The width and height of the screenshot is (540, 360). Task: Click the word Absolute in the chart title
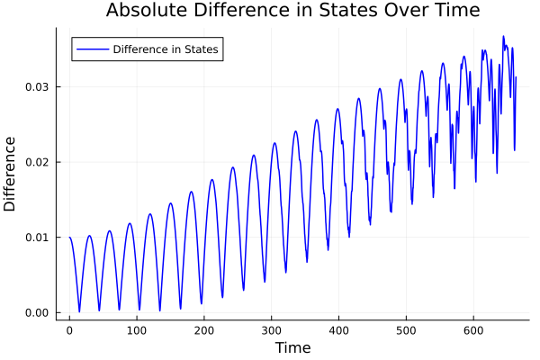pyautogui.click(x=143, y=11)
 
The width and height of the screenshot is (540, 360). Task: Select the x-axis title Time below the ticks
pyautogui.click(x=292, y=347)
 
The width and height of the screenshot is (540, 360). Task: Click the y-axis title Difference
pyautogui.click(x=11, y=174)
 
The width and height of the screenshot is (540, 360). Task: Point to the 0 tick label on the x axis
pyautogui.click(x=69, y=330)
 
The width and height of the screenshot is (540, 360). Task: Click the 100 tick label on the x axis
pyautogui.click(x=137, y=330)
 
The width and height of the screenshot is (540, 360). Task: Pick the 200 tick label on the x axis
pyautogui.click(x=204, y=330)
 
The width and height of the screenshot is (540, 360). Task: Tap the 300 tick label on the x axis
pyautogui.click(x=272, y=330)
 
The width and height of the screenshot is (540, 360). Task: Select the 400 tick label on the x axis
pyautogui.click(x=339, y=330)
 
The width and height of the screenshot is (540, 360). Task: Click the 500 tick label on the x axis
pyautogui.click(x=407, y=330)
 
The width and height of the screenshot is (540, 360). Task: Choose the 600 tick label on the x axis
pyautogui.click(x=474, y=330)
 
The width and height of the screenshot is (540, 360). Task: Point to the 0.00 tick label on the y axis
pyautogui.click(x=38, y=313)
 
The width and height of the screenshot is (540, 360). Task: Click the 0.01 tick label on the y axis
pyautogui.click(x=38, y=238)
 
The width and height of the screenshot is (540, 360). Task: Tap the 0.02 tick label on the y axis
pyautogui.click(x=38, y=162)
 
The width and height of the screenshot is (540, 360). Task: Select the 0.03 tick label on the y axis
pyautogui.click(x=38, y=86)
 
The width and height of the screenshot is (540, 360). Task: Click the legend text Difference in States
pyautogui.click(x=166, y=49)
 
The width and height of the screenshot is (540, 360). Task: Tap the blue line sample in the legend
pyautogui.click(x=92, y=49)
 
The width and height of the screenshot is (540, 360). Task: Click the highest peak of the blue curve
pyautogui.click(x=503, y=37)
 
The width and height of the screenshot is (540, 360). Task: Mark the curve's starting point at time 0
pyautogui.click(x=69, y=238)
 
